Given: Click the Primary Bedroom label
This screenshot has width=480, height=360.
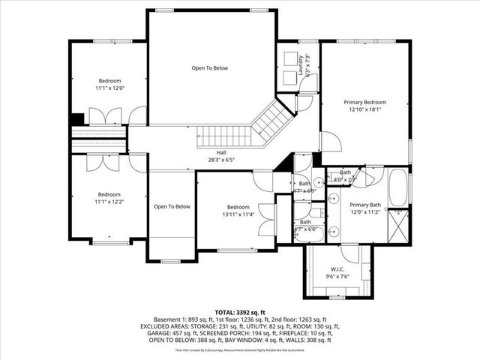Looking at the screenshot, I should [x=365, y=102].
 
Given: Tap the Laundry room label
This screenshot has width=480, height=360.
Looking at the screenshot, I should [x=298, y=58].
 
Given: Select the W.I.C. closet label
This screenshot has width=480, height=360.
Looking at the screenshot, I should [x=337, y=269].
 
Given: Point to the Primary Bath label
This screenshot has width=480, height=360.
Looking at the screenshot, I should [x=365, y=205].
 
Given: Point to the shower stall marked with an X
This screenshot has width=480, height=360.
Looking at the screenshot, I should [x=399, y=223].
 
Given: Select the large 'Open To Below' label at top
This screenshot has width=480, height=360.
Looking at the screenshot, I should [x=209, y=68].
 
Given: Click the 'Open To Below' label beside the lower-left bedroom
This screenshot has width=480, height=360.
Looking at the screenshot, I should [x=172, y=206].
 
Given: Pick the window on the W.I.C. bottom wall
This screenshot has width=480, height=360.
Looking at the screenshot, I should [x=337, y=297].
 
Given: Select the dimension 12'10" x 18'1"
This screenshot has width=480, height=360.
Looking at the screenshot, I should [x=365, y=109].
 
